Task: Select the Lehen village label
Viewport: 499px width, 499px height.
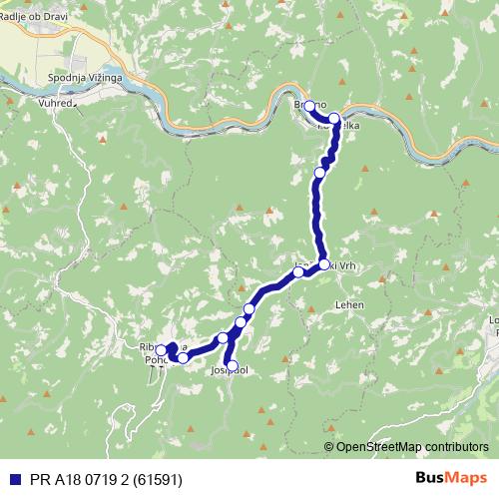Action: (x=350, y=303)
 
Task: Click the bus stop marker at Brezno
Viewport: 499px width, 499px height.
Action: (x=309, y=106)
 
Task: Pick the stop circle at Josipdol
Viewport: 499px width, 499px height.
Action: (x=233, y=366)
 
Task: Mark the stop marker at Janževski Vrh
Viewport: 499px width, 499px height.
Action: (x=324, y=264)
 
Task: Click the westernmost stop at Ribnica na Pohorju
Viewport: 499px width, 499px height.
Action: (x=161, y=350)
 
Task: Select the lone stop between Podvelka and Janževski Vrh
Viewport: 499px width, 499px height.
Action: (x=319, y=173)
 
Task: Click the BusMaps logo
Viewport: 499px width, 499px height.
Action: (x=452, y=477)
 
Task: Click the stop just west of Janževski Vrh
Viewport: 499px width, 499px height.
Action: (x=297, y=271)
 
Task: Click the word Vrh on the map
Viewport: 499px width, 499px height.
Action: (x=344, y=265)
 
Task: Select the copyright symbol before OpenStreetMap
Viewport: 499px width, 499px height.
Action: (x=330, y=446)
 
